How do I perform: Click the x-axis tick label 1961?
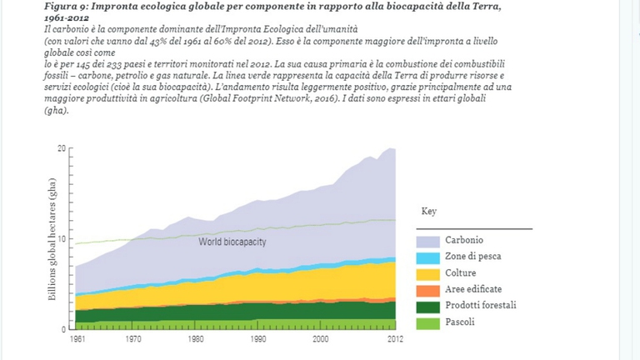tap(77, 339)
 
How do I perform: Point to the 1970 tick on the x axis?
tap(133, 339)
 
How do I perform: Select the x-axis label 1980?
tap(196, 339)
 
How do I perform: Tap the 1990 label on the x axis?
tap(258, 339)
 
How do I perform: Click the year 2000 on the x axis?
tap(321, 339)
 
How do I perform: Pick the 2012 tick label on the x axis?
tap(394, 339)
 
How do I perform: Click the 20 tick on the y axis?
tap(61, 148)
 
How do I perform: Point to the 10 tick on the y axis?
tap(61, 238)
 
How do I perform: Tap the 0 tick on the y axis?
tap(63, 329)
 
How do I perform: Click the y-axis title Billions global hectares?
tap(52, 240)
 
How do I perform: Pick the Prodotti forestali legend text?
tap(480, 305)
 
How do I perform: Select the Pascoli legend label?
tap(460, 322)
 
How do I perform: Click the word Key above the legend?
tap(428, 212)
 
